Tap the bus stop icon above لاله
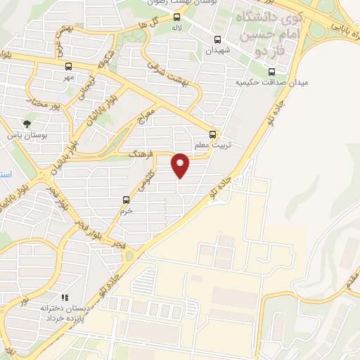pos(176,18)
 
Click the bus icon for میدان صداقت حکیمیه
pos(272,71)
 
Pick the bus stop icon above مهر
pos(68,67)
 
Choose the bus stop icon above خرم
pos(126,200)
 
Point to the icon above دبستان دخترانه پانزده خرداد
pos(65,298)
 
